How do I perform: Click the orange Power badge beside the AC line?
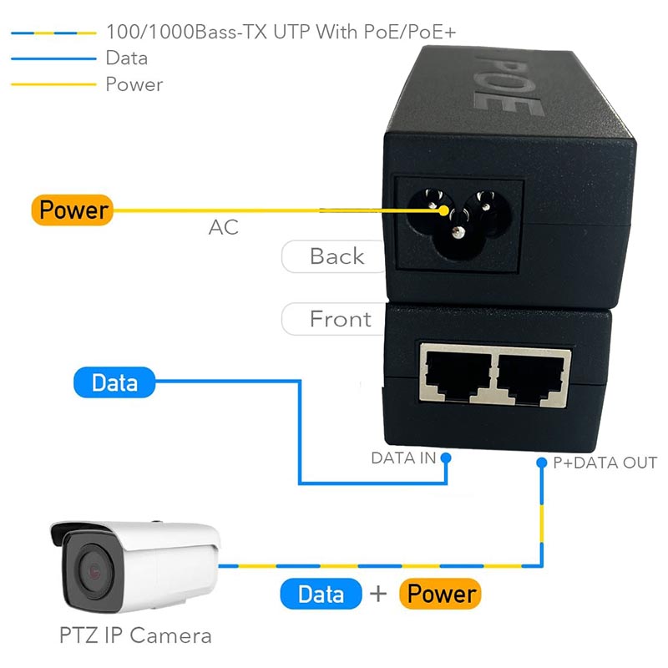click(x=72, y=210)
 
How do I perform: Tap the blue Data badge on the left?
click(x=115, y=382)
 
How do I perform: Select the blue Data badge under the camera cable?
click(x=321, y=594)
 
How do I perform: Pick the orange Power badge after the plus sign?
click(x=440, y=594)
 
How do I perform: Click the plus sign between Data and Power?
click(x=380, y=594)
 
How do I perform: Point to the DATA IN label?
click(x=403, y=458)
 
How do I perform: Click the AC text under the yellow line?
click(x=223, y=227)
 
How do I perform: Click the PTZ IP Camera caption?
click(x=135, y=635)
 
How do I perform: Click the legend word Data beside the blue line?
click(x=127, y=58)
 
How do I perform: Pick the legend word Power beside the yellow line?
click(x=134, y=83)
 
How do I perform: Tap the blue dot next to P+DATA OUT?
click(x=542, y=462)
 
